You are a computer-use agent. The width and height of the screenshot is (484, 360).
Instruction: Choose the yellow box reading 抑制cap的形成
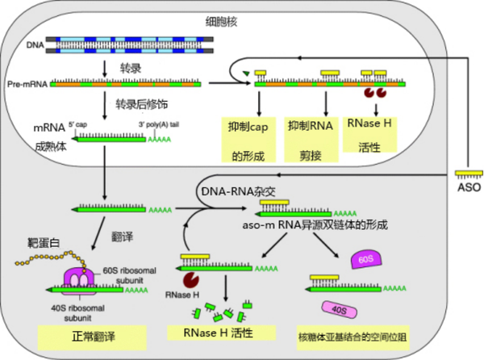[x=248, y=139]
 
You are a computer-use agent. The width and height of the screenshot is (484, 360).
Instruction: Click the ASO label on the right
[x=467, y=186]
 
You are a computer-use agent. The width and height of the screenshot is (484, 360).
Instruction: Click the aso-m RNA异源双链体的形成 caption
[x=301, y=226]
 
